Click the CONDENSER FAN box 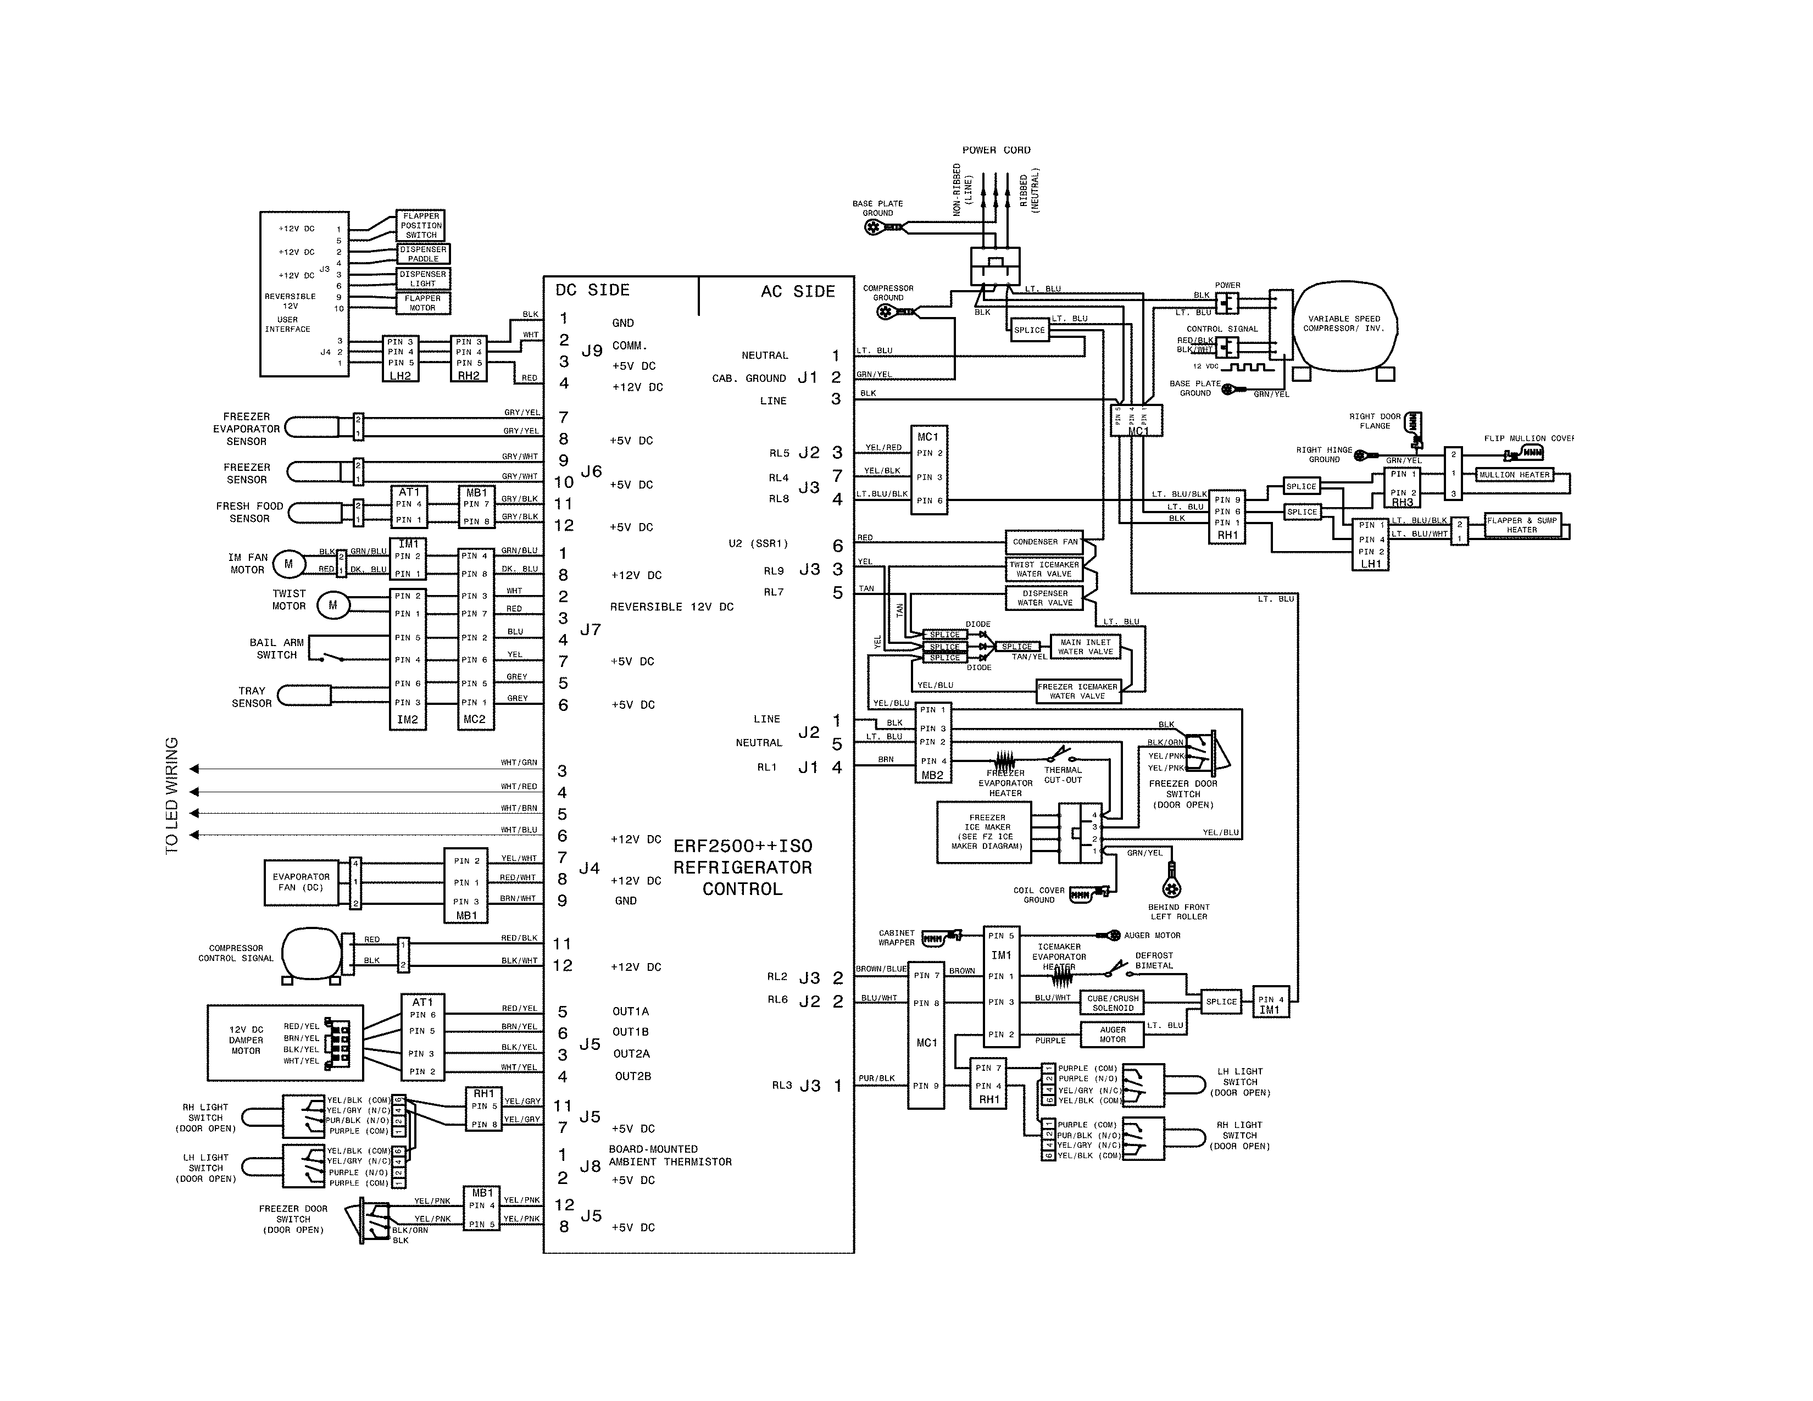[x=1044, y=541]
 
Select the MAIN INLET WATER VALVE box [x=1085, y=647]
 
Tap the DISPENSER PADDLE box [x=424, y=254]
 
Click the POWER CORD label [x=996, y=150]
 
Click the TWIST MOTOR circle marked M [x=333, y=605]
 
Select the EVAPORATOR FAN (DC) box [x=301, y=882]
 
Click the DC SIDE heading [x=592, y=290]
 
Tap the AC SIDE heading [x=797, y=291]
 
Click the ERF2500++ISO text [x=742, y=846]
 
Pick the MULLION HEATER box [x=1514, y=475]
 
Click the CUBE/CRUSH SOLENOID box [x=1113, y=1003]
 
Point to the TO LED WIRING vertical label [x=172, y=795]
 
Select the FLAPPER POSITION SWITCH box [x=421, y=225]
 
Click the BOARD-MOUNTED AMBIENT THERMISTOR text [x=670, y=1155]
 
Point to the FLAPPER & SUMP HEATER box [x=1522, y=525]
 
